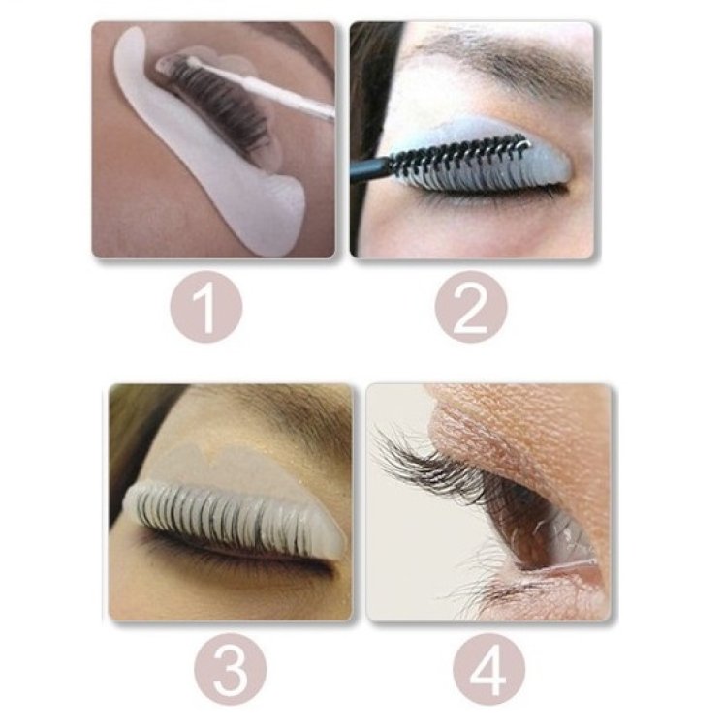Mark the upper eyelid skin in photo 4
click(x=523, y=436)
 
